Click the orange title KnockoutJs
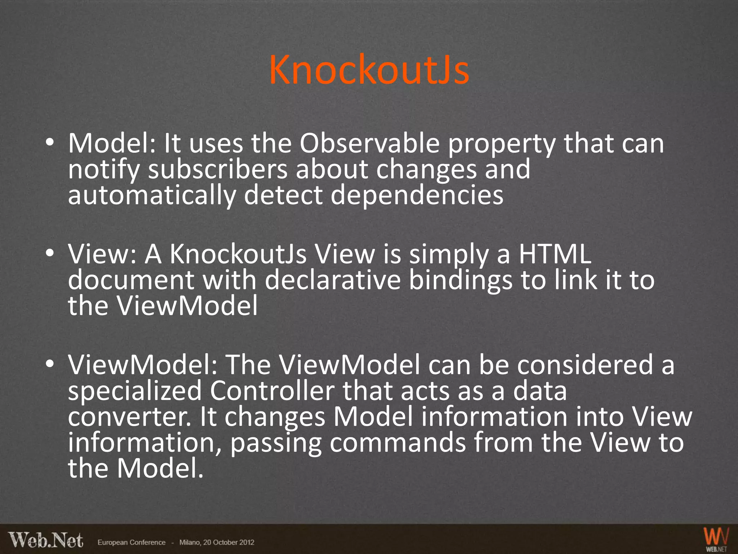point(369,70)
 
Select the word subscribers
point(218,170)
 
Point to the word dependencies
point(417,196)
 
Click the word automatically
point(152,196)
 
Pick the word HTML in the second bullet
point(555,255)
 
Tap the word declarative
point(333,281)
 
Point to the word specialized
point(134,391)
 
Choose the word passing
point(276,443)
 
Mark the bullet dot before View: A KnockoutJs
point(50,254)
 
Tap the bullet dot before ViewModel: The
point(50,364)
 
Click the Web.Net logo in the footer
point(46,540)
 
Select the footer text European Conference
point(132,542)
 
